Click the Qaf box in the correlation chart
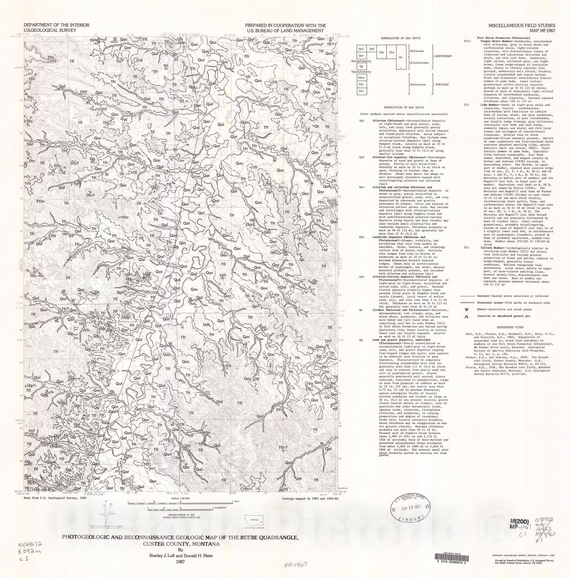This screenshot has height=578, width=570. tap(371, 49)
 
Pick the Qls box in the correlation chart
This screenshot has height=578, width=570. tap(392, 52)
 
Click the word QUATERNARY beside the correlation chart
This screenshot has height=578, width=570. tap(443, 56)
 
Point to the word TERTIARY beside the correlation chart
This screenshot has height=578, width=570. tap(442, 85)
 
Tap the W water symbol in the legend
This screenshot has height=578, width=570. tap(466, 309)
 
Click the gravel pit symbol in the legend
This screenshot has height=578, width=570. tap(466, 316)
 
